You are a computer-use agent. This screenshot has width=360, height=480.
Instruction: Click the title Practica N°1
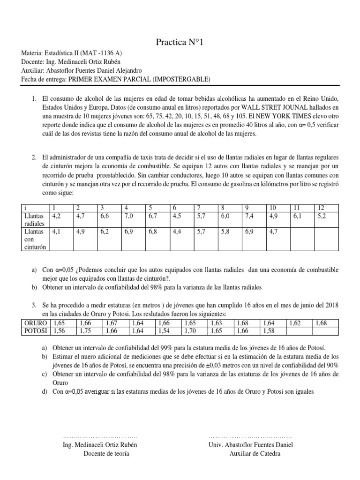[x=180, y=43]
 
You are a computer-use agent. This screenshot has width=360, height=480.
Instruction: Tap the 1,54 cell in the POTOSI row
[x=164, y=331]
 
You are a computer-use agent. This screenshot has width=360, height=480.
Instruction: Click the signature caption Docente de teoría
[x=106, y=453]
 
